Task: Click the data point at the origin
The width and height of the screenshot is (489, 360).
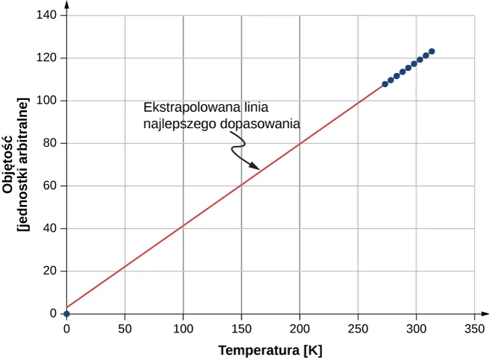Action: [x=66, y=314]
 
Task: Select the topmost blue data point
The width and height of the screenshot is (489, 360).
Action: [x=432, y=51]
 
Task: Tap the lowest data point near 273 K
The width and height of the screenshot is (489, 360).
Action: [x=385, y=84]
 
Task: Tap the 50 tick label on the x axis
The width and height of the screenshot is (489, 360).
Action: [x=124, y=329]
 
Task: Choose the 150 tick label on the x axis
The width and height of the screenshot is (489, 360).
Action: [x=241, y=329]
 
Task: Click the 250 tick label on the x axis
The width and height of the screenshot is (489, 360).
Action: [x=358, y=329]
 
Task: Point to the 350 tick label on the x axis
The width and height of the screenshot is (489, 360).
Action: [x=474, y=329]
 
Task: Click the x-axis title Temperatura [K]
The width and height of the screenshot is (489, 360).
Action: [x=270, y=350]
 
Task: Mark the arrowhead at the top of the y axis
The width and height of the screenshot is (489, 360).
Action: [x=66, y=10]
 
